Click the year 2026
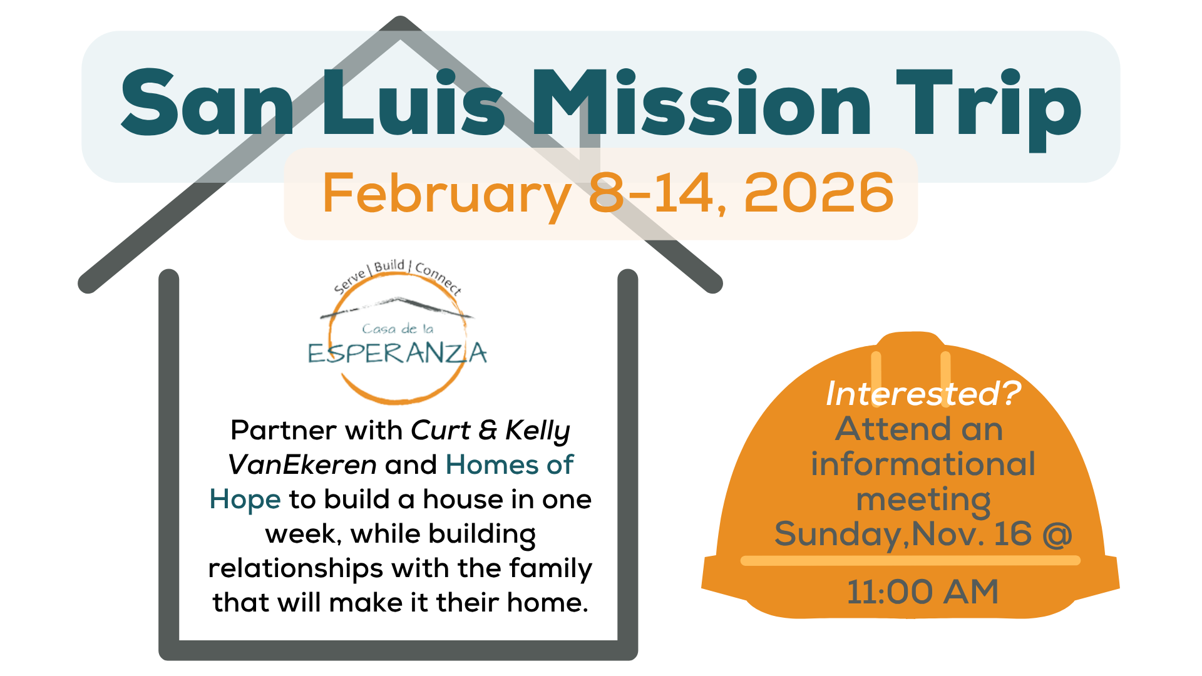click(819, 193)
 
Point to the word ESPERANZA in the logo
click(398, 354)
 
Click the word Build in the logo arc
click(389, 266)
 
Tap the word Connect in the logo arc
click(439, 278)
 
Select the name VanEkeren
click(302, 465)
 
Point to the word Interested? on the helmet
click(923, 394)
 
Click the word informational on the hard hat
click(923, 464)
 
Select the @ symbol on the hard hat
click(1057, 535)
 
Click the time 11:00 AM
click(923, 592)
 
